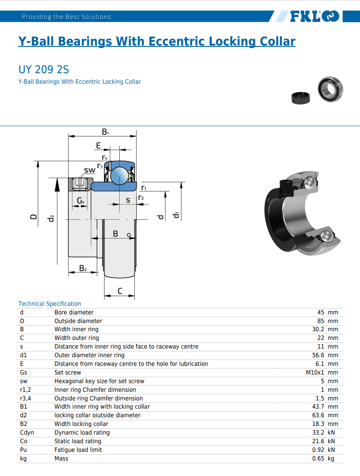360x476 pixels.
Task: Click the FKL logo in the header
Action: point(314,16)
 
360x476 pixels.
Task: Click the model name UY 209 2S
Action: point(44,70)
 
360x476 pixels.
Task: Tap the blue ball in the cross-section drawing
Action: point(119,176)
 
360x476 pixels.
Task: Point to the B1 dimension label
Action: point(105,132)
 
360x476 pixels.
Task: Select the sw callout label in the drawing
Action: point(90,170)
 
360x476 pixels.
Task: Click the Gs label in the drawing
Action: point(81,200)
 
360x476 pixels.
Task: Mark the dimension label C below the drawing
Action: point(120,291)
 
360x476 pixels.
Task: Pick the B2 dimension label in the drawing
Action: point(83,268)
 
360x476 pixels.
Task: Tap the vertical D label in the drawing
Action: point(34,217)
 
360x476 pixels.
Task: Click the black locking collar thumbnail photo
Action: point(300,98)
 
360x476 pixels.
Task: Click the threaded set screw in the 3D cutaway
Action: point(285,187)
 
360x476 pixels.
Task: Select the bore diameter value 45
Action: point(320,312)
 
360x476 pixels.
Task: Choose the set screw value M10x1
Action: point(315,373)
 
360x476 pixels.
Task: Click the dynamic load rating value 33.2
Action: point(318,433)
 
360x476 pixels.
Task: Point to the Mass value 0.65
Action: point(318,458)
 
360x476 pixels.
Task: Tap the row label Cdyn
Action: point(27,433)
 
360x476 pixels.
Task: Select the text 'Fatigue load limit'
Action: point(78,450)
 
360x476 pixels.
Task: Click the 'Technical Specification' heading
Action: point(50,304)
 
